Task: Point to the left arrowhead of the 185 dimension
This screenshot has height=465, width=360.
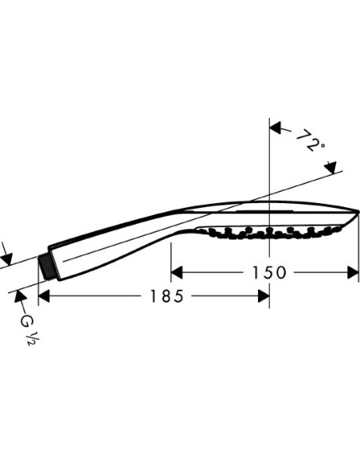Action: pos(45,296)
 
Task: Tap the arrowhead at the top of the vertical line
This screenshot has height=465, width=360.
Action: pos(276,126)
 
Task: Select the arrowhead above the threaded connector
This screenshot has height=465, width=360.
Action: pos(6,259)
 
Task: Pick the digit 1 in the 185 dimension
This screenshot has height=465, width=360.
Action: pos(152,296)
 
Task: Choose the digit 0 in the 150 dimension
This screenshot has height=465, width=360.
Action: pos(281,272)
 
